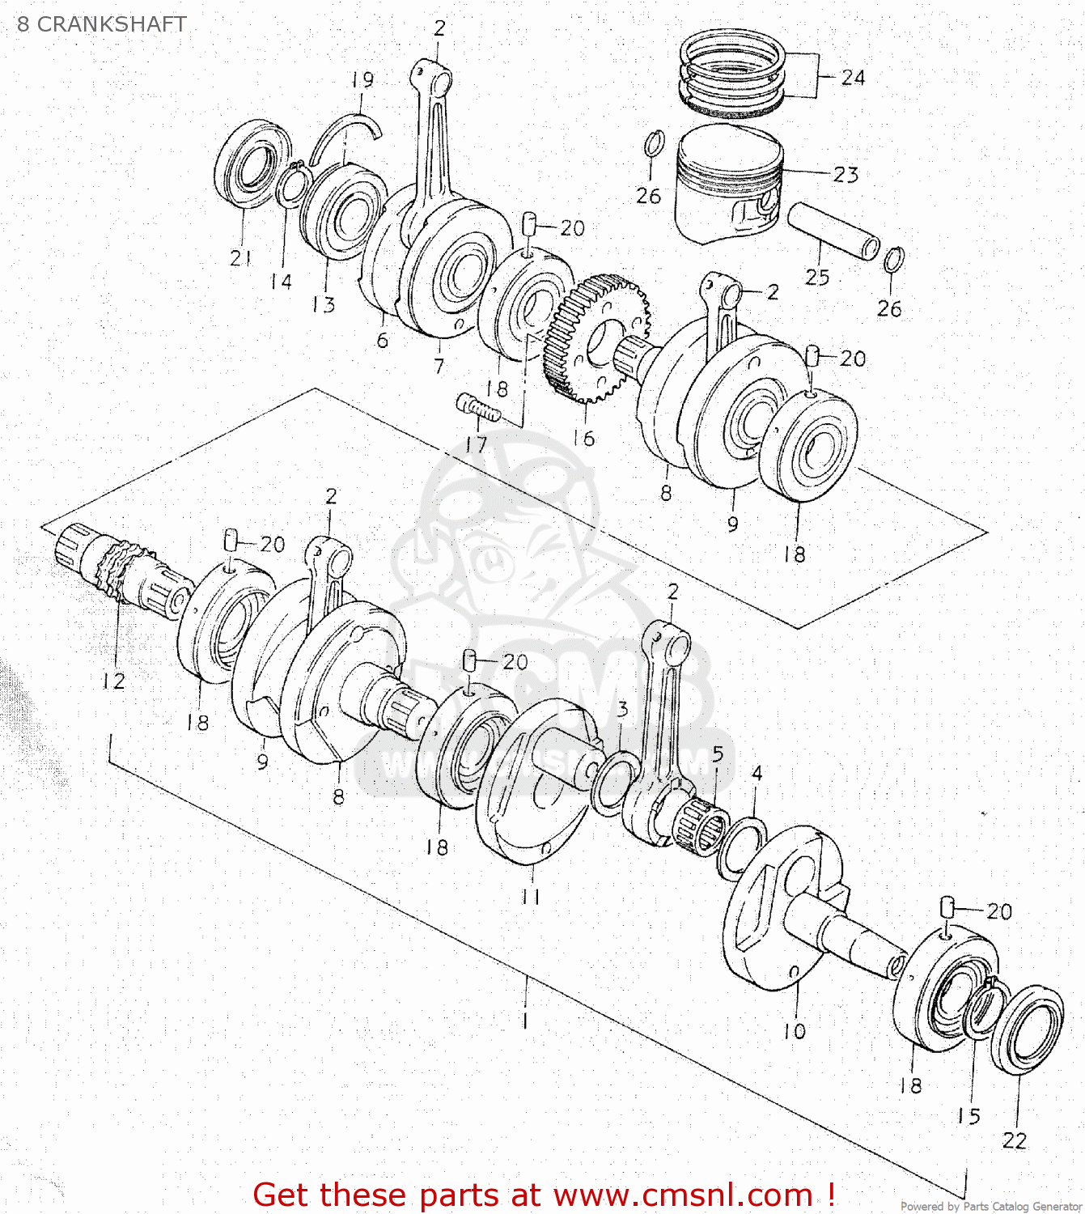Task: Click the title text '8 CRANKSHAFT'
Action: (x=102, y=24)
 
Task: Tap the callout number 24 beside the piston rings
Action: (x=853, y=78)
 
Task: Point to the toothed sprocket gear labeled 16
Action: (x=596, y=337)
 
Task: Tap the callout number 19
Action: (x=362, y=80)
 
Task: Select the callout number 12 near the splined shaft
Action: (x=113, y=681)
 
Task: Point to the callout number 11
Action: (x=530, y=897)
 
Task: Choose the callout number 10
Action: (x=795, y=1031)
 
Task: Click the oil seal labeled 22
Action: (x=1027, y=1029)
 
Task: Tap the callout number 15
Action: (x=968, y=1116)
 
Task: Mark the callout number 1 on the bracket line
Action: (x=526, y=1021)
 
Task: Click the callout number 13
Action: (x=323, y=305)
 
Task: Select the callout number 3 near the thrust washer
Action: (x=621, y=710)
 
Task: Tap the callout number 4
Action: (x=757, y=774)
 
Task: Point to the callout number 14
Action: (x=281, y=282)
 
